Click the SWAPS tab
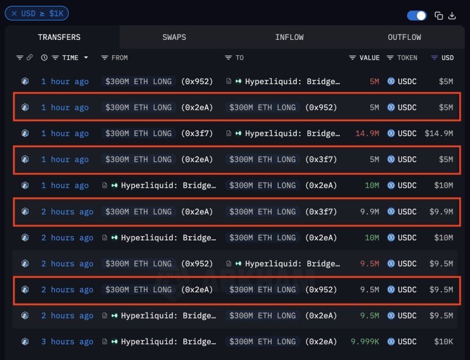(174, 37)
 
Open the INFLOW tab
(289, 37)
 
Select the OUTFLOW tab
(404, 37)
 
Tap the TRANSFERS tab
(59, 37)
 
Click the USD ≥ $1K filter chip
(37, 13)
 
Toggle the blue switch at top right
(417, 15)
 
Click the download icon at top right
(452, 15)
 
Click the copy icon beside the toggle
(438, 15)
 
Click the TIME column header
(70, 57)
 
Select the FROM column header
(119, 57)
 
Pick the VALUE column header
(369, 57)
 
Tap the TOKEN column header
(407, 57)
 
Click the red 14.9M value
(367, 133)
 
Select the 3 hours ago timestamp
(67, 342)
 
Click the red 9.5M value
(369, 264)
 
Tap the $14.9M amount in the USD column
(439, 133)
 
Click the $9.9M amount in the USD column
(441, 212)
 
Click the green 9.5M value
(369, 316)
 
